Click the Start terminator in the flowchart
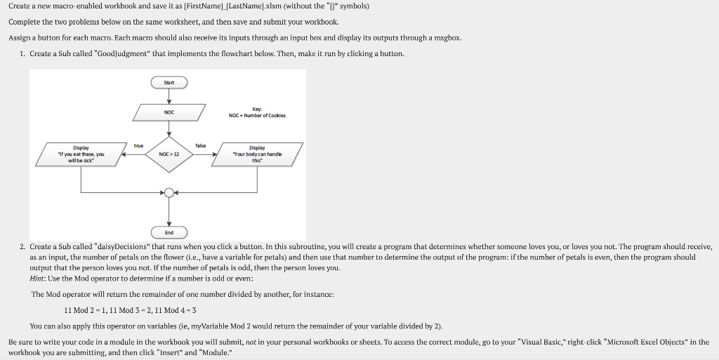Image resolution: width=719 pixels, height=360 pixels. pos(169,83)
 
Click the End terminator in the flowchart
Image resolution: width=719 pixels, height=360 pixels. pos(169,232)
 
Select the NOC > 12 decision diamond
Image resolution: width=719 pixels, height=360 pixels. pos(169,154)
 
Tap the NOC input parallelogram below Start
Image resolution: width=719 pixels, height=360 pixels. pos(169,112)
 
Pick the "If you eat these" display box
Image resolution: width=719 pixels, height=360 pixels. pos(81,154)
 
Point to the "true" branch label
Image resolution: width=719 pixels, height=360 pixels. pos(138,146)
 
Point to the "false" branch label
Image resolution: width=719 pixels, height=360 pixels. pos(201,146)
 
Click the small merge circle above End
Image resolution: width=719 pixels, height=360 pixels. pos(169,192)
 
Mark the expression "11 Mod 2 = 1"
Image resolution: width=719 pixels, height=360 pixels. pos(84,309)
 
